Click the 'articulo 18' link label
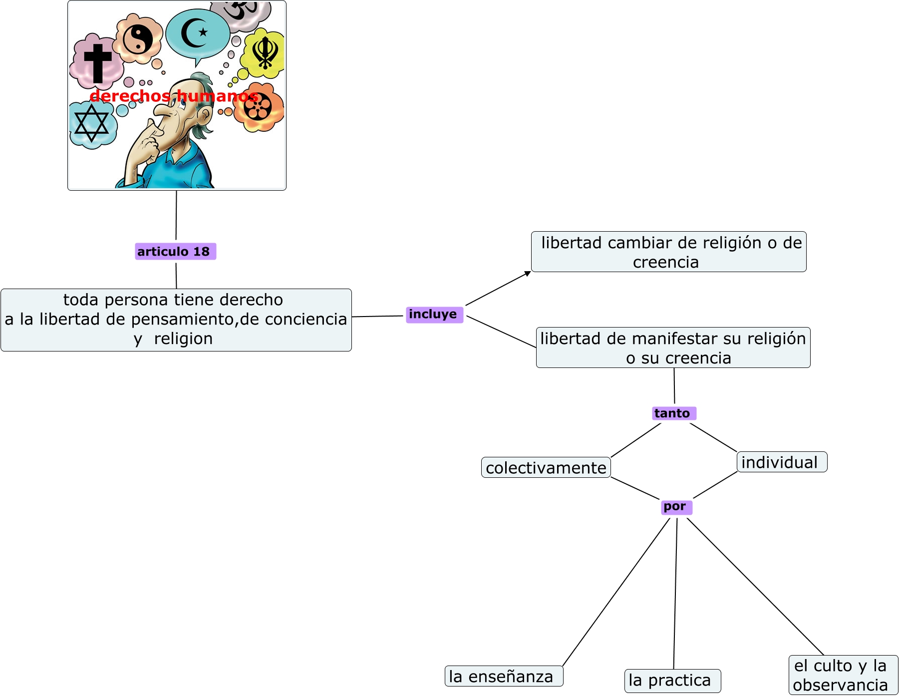(175, 252)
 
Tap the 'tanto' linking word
(673, 413)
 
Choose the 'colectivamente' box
(546, 468)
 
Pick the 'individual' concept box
(781, 462)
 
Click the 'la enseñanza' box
(503, 677)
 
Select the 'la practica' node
(672, 681)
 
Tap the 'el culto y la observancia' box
(843, 675)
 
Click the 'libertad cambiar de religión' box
(668, 252)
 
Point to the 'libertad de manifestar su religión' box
(673, 348)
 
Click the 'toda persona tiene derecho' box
(176, 320)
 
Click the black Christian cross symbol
(97, 62)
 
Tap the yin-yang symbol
(138, 39)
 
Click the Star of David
(91, 123)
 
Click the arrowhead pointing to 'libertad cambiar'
(528, 274)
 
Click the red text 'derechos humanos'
(174, 96)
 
